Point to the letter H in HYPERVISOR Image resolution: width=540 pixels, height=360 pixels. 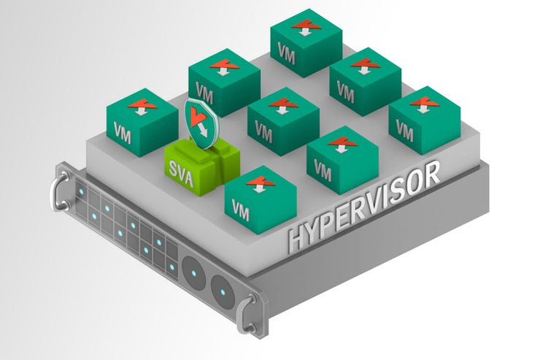click(x=296, y=238)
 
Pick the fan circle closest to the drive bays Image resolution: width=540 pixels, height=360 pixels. click(x=194, y=271)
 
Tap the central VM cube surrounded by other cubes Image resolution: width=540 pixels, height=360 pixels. click(x=283, y=120)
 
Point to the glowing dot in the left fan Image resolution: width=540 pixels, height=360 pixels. click(x=195, y=271)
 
